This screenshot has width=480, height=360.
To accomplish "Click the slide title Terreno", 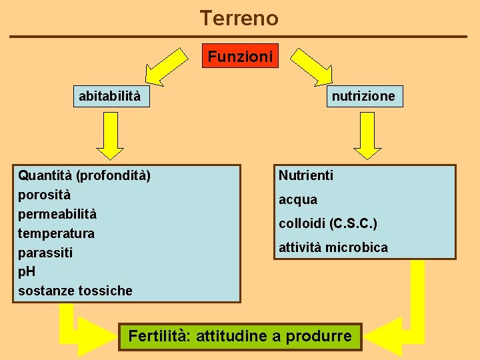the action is (239, 18).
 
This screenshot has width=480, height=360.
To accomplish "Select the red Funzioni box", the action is (240, 57).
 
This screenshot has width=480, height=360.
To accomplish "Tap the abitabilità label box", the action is (110, 96).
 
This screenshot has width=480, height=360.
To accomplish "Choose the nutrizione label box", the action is (363, 96).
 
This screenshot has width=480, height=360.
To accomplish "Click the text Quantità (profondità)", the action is (84, 176).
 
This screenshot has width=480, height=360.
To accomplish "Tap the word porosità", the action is (44, 195).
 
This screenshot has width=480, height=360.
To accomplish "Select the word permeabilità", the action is (57, 215).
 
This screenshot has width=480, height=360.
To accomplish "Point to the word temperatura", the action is (56, 234).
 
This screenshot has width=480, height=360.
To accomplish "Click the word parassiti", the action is (45, 253).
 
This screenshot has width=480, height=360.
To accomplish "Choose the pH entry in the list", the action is (27, 272).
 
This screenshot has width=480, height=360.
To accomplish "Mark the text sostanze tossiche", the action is (75, 291).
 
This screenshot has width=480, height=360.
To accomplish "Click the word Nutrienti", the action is (306, 176).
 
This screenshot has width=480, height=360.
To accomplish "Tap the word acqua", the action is (298, 200).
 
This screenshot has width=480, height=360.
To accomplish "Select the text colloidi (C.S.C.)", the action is (328, 223).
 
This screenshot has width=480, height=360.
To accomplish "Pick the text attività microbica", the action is (333, 247).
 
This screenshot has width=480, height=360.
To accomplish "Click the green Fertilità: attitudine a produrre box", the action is (240, 336).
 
